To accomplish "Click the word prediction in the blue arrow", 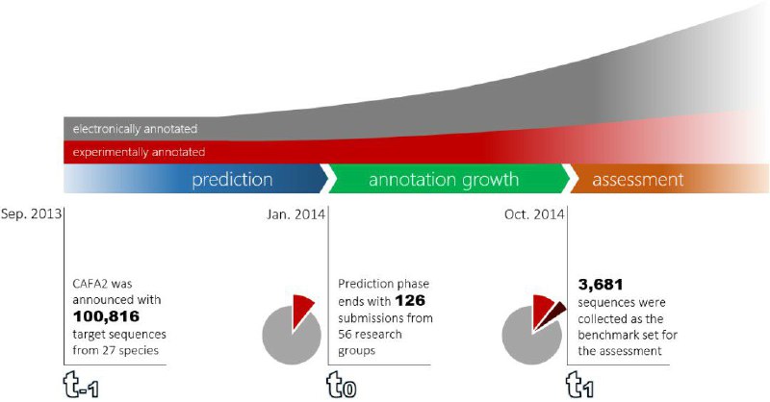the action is coord(232,180).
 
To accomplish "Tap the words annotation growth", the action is coord(444,180).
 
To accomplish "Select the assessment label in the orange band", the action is coord(637,179).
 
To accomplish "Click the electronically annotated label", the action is coord(135,129).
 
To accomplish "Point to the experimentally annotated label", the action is coord(139,152).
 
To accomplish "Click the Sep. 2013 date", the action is coord(32,214).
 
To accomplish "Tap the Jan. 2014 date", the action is coord(295,214).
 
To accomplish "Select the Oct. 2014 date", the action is coord(534,214).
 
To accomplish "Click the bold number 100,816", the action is coord(106,316).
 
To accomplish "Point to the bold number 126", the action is coord(410,300).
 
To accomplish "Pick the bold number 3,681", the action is coord(601,285).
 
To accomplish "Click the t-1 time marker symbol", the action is coord(82,385).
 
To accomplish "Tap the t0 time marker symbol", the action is coord(342,385).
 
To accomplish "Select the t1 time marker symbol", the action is coord(580,385).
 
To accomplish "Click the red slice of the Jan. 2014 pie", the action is coord(301,309).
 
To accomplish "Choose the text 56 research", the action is coord(370,335).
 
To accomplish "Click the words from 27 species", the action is coord(115,350).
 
